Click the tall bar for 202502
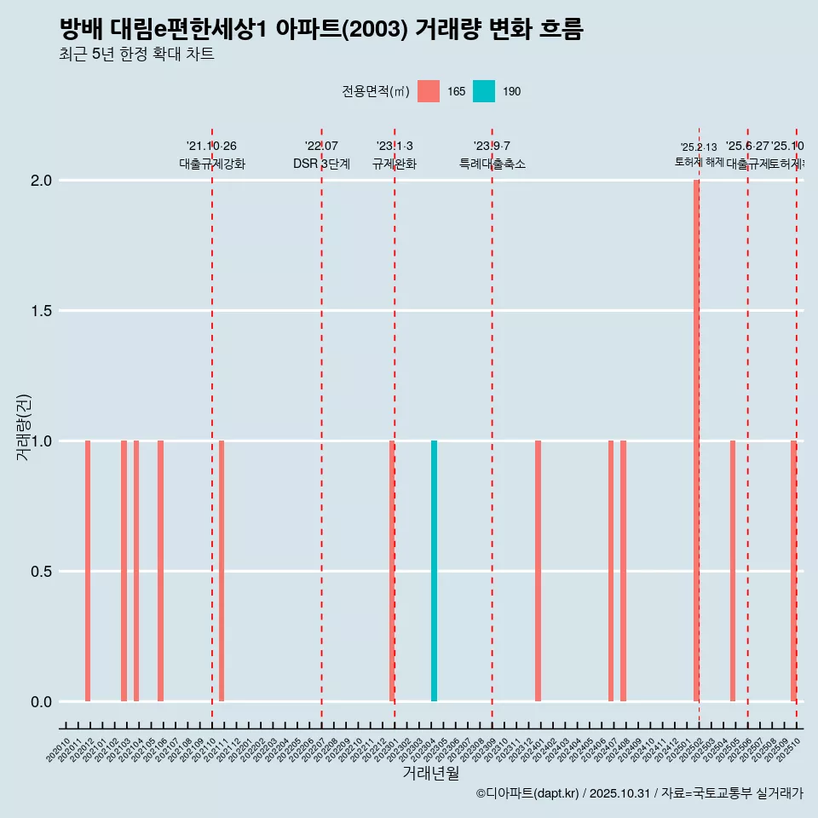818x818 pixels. pyautogui.click(x=696, y=441)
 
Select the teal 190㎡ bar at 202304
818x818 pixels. pyautogui.click(x=434, y=571)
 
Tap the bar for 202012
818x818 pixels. pyautogui.click(x=88, y=571)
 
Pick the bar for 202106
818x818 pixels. pyautogui.click(x=160, y=571)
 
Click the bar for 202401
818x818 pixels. pyautogui.click(x=538, y=571)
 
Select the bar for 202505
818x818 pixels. pyautogui.click(x=732, y=571)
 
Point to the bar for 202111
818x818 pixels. pyautogui.click(x=222, y=571)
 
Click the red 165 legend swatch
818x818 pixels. pyautogui.click(x=429, y=91)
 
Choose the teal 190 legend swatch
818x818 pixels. pyautogui.click(x=483, y=91)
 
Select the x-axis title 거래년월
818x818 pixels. pyautogui.click(x=430, y=774)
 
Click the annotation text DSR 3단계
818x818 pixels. pyautogui.click(x=321, y=164)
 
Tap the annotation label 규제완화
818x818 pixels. pyautogui.click(x=394, y=164)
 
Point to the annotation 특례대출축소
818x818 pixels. pyautogui.click(x=492, y=164)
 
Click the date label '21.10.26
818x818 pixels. pyautogui.click(x=211, y=146)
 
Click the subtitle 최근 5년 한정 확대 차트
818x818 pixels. pyautogui.click(x=136, y=55)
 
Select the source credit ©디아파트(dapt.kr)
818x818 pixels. pyautogui.click(x=528, y=793)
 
